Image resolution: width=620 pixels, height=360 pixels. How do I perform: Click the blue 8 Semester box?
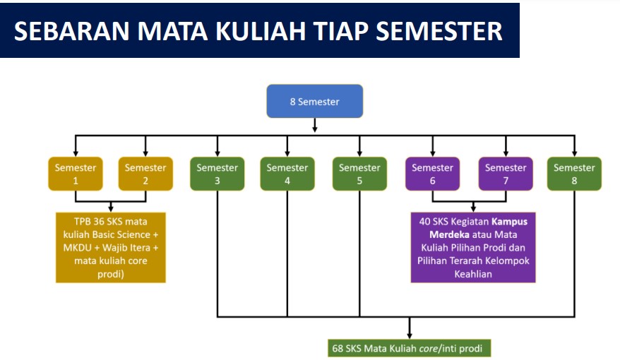314,102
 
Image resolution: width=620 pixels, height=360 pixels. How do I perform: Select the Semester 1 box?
75,174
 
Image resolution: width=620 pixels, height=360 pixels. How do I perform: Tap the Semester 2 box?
145,174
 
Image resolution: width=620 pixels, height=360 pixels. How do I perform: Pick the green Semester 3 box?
217,174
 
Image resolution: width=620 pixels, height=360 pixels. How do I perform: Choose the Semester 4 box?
287,174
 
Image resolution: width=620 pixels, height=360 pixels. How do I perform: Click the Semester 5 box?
359,174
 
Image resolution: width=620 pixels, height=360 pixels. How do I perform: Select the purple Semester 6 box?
432,174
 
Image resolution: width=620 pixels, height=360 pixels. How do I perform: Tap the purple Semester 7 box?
505,174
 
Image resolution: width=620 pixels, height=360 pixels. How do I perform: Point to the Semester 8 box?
574,174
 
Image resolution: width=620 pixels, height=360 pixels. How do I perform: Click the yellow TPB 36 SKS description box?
111,247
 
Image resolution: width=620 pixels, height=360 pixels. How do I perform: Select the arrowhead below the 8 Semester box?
314,128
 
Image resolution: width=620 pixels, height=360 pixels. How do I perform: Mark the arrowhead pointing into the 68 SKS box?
410,335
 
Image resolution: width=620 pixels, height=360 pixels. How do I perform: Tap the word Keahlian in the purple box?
472,274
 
